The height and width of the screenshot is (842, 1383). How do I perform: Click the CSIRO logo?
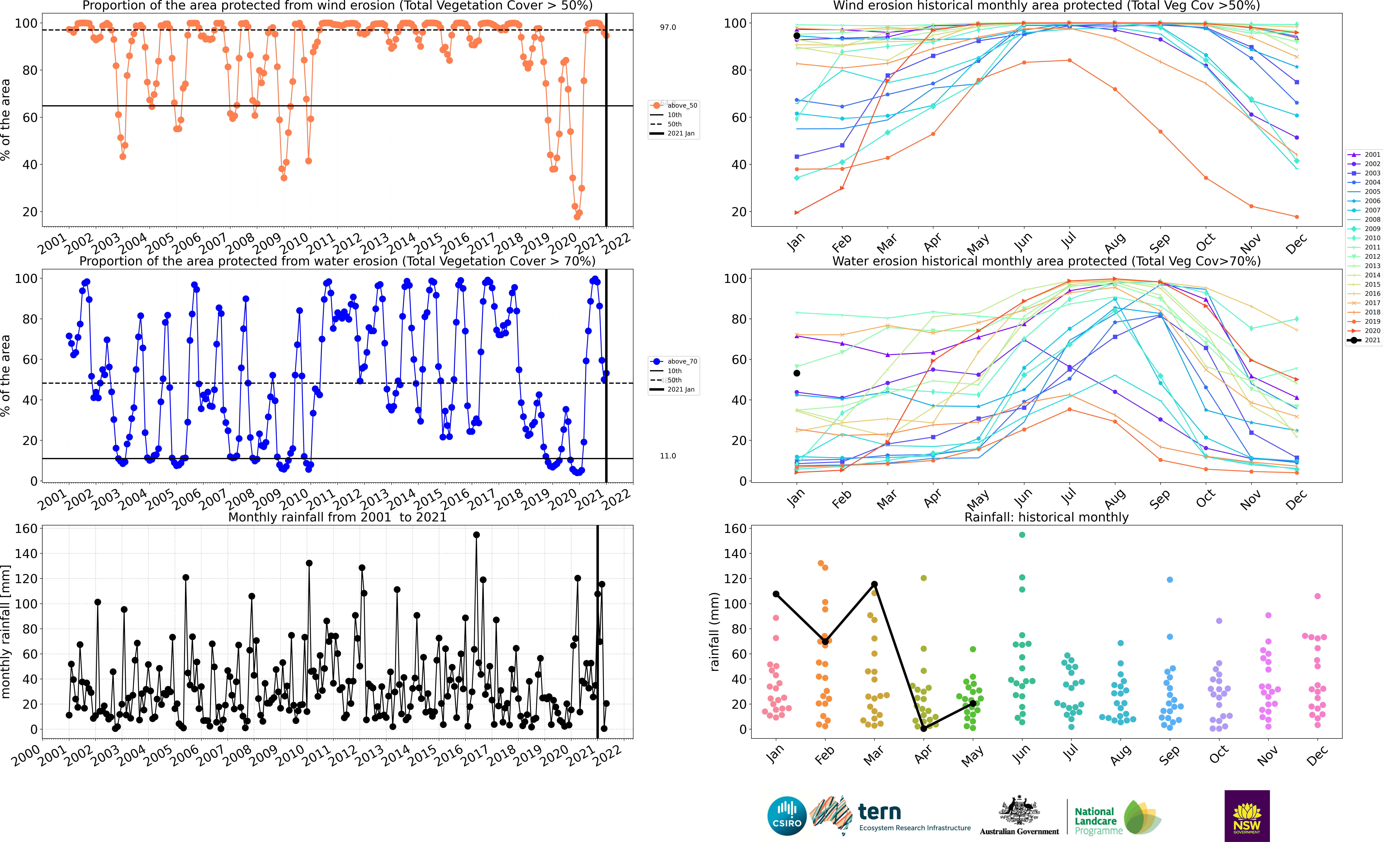coord(787,816)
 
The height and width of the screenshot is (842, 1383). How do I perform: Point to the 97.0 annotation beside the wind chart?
coord(668,27)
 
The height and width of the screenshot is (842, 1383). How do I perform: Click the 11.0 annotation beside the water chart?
coord(668,456)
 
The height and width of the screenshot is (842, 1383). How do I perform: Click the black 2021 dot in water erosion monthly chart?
coord(796,373)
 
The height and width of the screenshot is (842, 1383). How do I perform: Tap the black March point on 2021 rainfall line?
coord(874,584)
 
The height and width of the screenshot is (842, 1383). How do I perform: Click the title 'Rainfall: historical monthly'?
coord(1046,517)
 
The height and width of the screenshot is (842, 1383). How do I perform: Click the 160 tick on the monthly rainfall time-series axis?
coord(26,529)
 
